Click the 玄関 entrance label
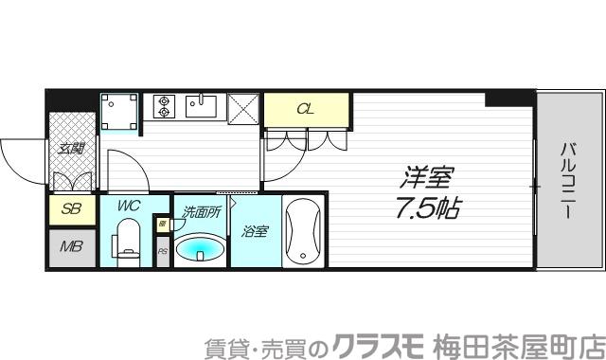[71, 148]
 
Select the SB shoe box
[71, 209]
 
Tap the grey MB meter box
[71, 248]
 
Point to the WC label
[130, 205]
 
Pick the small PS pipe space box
[162, 251]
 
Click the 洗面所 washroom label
[201, 212]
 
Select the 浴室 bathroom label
[254, 230]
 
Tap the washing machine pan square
[120, 112]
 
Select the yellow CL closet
[306, 109]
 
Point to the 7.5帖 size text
[427, 207]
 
